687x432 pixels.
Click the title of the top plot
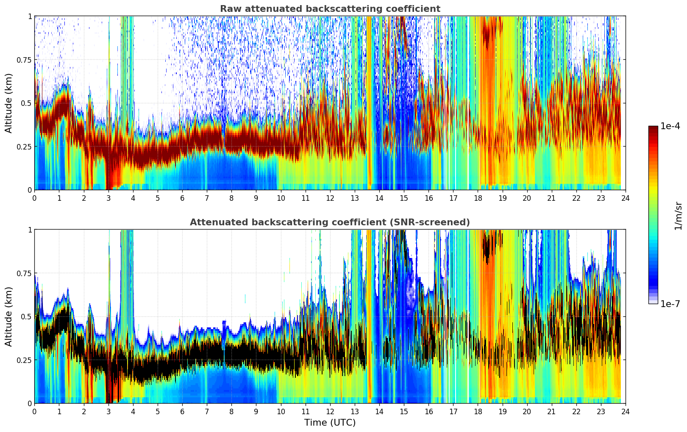[330, 9]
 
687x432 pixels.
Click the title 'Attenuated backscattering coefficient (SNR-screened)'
[330, 222]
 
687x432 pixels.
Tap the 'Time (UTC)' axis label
[330, 423]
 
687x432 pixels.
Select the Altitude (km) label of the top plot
[9, 103]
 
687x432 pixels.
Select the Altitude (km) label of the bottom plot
[9, 316]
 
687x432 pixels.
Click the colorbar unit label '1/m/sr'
[678, 216]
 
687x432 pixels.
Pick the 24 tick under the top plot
[625, 198]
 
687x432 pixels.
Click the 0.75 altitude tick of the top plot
[24, 60]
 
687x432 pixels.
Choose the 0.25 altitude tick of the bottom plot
[24, 360]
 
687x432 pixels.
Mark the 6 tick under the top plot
[182, 198]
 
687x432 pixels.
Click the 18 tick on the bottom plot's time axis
[478, 411]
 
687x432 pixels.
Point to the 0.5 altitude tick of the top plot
[27, 103]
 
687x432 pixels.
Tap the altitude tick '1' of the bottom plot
[30, 230]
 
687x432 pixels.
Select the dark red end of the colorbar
[653, 128]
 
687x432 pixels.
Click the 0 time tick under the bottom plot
[34, 411]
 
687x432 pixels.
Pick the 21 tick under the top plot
[551, 198]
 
